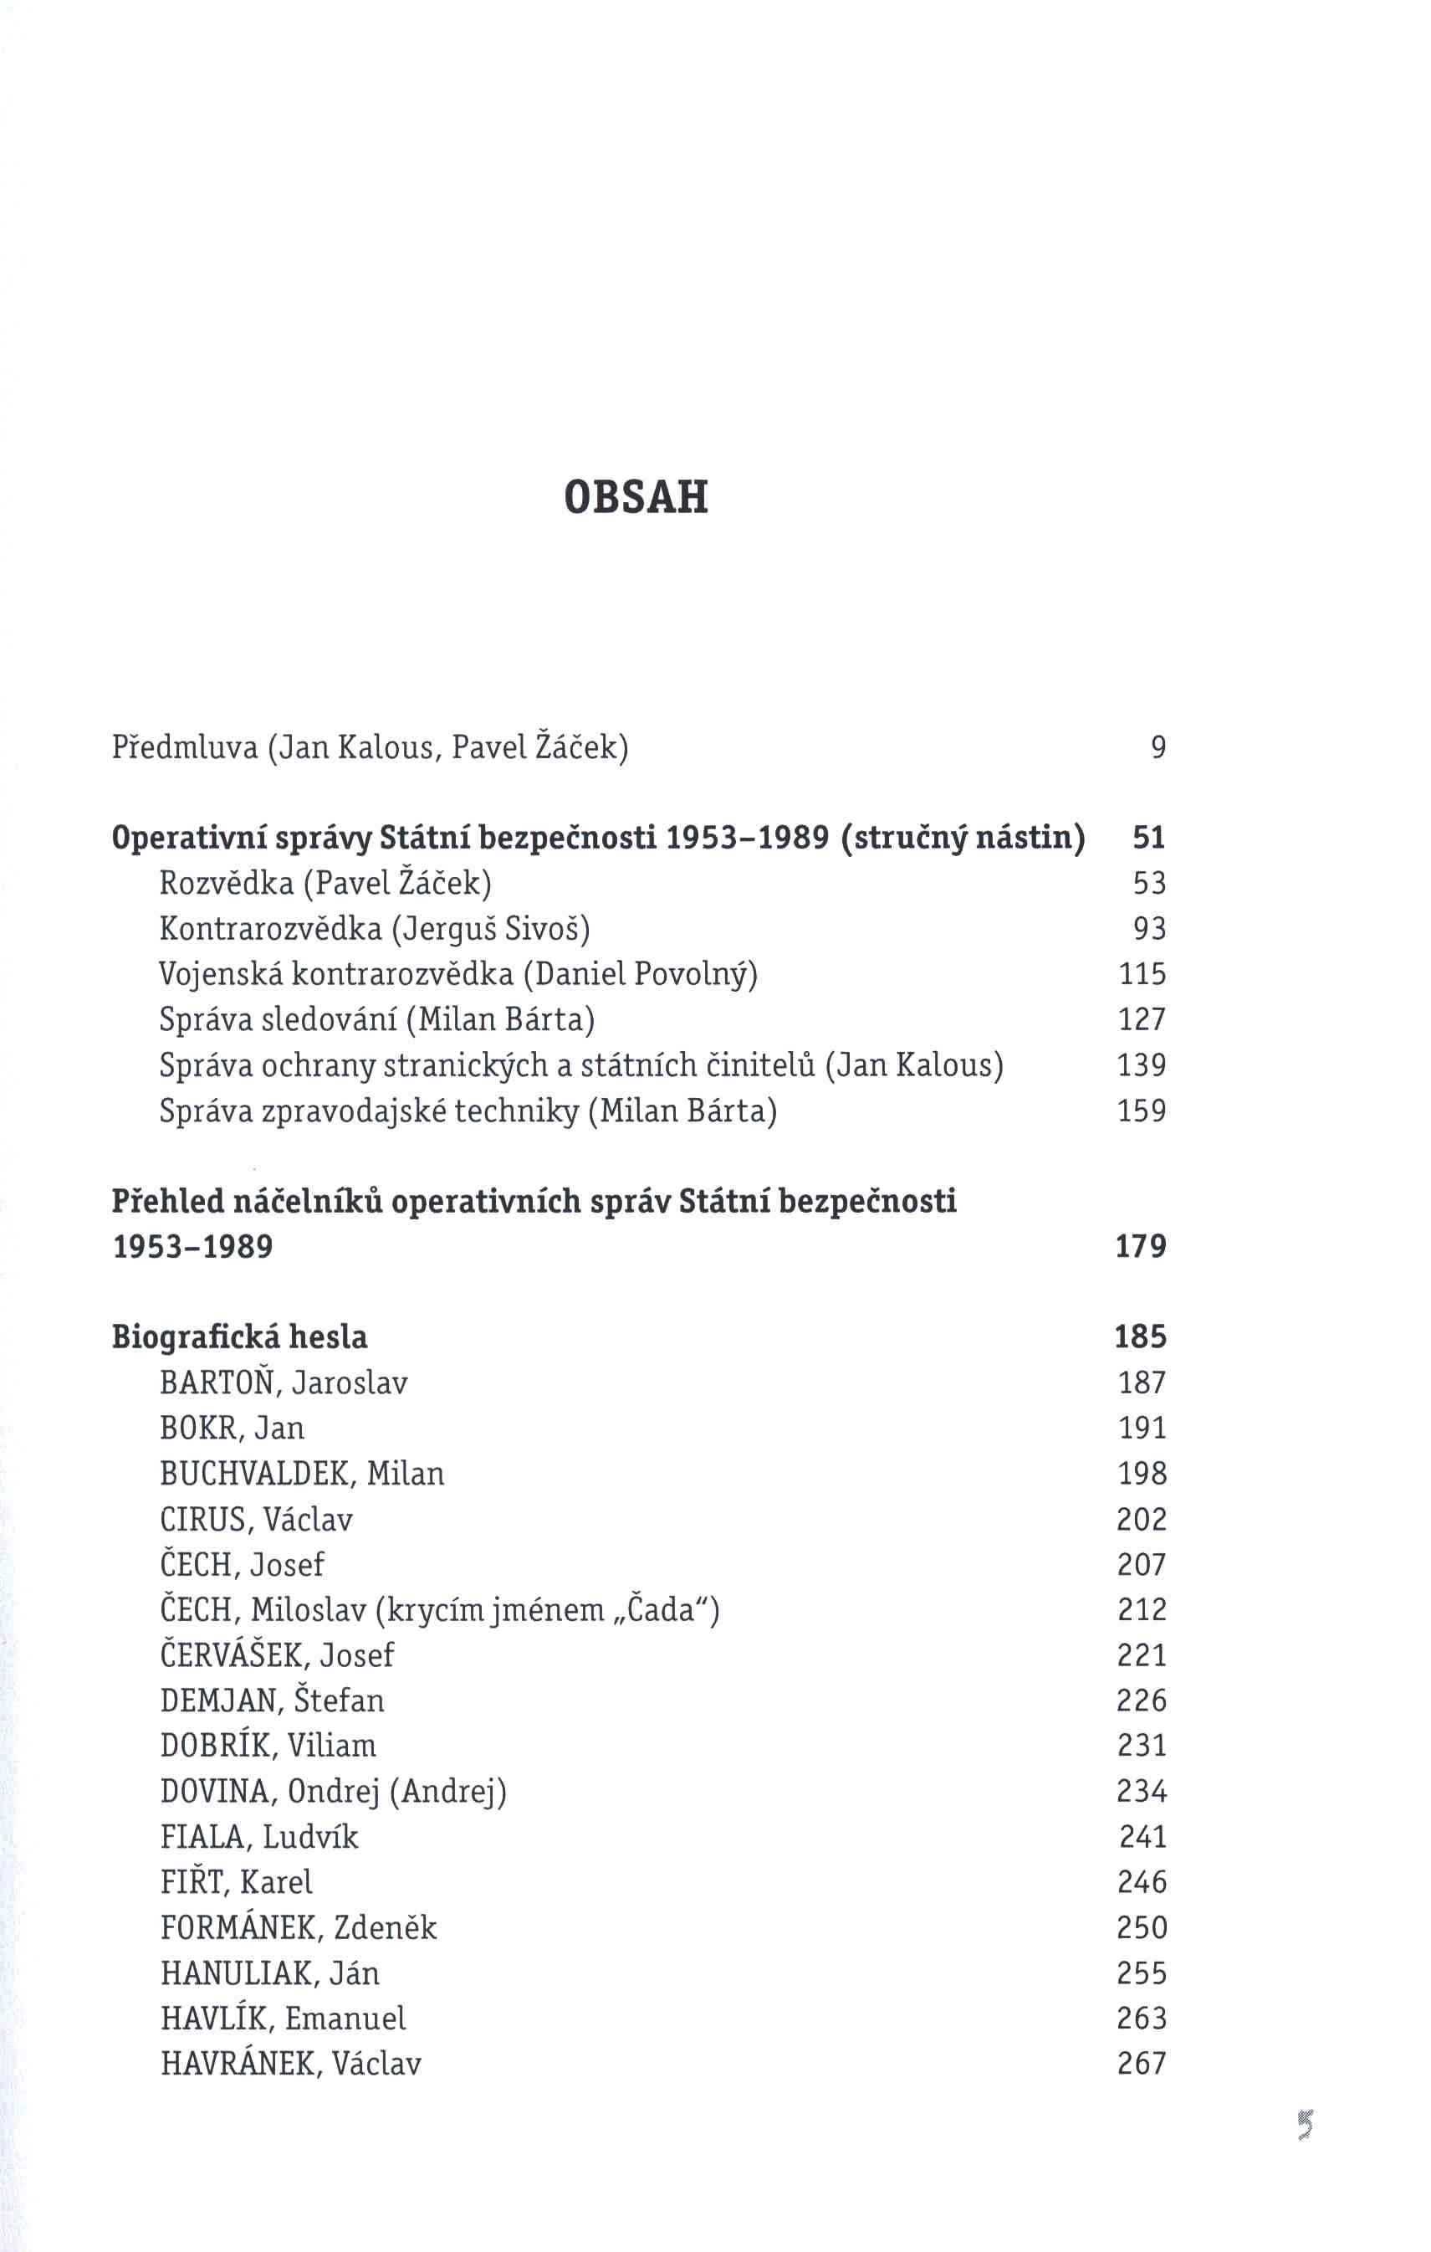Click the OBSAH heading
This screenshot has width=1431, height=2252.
636,498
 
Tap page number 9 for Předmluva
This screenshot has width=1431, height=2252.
1158,747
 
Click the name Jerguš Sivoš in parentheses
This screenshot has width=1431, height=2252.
492,929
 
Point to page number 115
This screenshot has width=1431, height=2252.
1143,974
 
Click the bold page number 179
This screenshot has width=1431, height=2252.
1142,1247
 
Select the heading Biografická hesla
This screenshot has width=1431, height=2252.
240,1337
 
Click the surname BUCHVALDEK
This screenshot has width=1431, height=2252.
257,1474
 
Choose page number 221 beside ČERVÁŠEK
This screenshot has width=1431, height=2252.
1142,1655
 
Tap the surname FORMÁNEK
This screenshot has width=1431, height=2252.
246,1927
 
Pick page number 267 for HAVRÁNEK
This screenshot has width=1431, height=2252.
1142,2064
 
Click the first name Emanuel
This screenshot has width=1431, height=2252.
346,2019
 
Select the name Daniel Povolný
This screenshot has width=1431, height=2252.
641,974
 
